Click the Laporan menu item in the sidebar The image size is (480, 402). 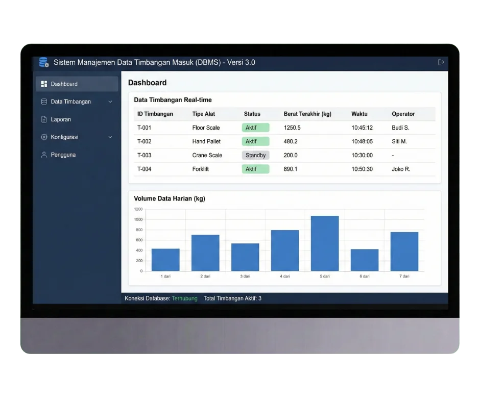(x=61, y=119)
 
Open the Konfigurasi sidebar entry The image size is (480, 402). (x=64, y=137)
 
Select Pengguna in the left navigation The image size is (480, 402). (x=63, y=155)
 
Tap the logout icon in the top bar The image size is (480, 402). (x=441, y=62)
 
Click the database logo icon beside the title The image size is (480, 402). (x=44, y=62)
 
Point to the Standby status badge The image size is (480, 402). (x=255, y=155)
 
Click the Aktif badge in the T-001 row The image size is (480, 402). (x=255, y=128)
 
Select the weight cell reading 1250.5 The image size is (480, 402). (x=292, y=128)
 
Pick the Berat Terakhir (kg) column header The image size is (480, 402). (x=307, y=114)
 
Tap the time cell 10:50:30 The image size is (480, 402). (x=362, y=169)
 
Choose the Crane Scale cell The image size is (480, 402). (x=207, y=155)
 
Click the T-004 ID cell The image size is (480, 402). (x=144, y=169)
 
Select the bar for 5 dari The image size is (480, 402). (x=325, y=243)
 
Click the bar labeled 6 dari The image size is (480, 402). (x=365, y=260)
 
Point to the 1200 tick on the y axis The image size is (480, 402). (x=138, y=209)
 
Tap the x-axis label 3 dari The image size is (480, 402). (x=245, y=276)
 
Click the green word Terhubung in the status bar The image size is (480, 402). (x=184, y=298)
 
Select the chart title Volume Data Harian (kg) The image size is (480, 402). (x=170, y=198)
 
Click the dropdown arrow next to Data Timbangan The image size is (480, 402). (x=110, y=102)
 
